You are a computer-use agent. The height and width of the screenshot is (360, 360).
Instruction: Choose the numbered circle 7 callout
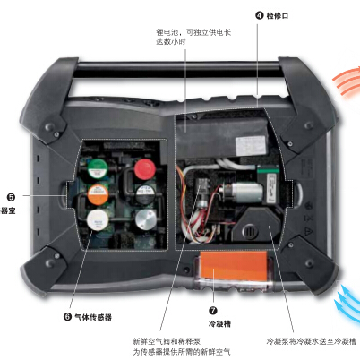pos(212,307)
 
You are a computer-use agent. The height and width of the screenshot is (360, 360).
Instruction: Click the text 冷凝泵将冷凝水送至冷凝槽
pos(313,341)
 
